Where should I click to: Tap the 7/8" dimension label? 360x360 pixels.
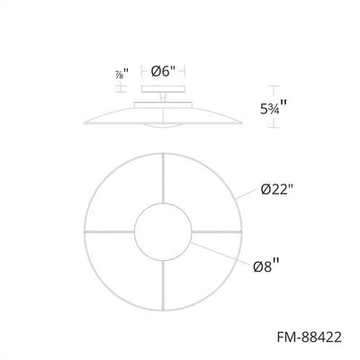[x=122, y=75]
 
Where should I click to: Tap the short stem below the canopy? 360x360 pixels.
[x=162, y=98]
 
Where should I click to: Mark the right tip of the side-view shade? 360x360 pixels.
[x=243, y=117]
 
